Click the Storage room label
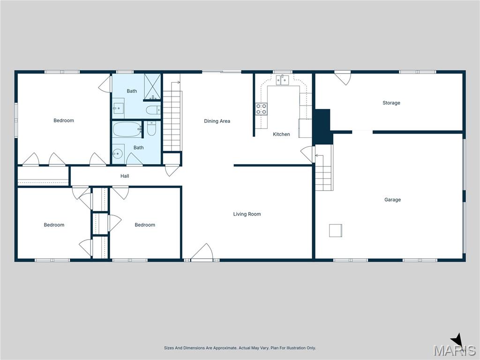391,103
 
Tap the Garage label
392,200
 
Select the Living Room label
247,214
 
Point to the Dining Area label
217,121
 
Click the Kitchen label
281,134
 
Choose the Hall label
125,176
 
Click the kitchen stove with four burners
261,109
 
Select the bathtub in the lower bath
127,129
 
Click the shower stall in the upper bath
152,87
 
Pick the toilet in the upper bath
153,110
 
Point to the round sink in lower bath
117,153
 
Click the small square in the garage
336,231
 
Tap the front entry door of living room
202,252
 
